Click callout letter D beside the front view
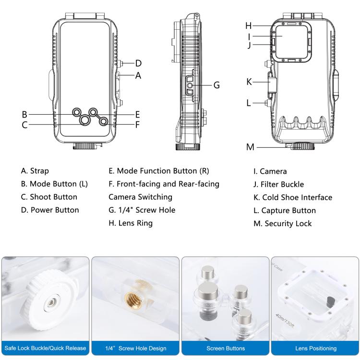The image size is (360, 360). (x=138, y=63)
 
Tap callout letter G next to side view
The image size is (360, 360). (x=216, y=85)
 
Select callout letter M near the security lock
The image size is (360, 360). (x=250, y=147)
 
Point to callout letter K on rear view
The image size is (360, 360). (x=249, y=82)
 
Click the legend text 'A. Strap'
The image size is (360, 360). (x=35, y=171)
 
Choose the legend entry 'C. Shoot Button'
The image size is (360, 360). (x=49, y=197)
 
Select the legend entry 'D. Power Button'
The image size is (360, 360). (x=50, y=210)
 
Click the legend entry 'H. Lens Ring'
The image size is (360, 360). (x=131, y=223)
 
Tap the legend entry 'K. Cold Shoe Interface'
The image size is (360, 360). (x=293, y=197)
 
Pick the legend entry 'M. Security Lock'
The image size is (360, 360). (x=283, y=223)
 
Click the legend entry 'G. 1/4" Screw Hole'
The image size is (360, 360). (x=142, y=210)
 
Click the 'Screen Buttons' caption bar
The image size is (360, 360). (x=225, y=348)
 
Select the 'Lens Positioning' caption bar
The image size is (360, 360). (x=315, y=348)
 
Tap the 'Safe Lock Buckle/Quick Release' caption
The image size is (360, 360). (x=45, y=348)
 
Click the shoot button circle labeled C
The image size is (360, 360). (x=84, y=120)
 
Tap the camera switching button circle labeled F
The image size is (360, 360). (x=103, y=122)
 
